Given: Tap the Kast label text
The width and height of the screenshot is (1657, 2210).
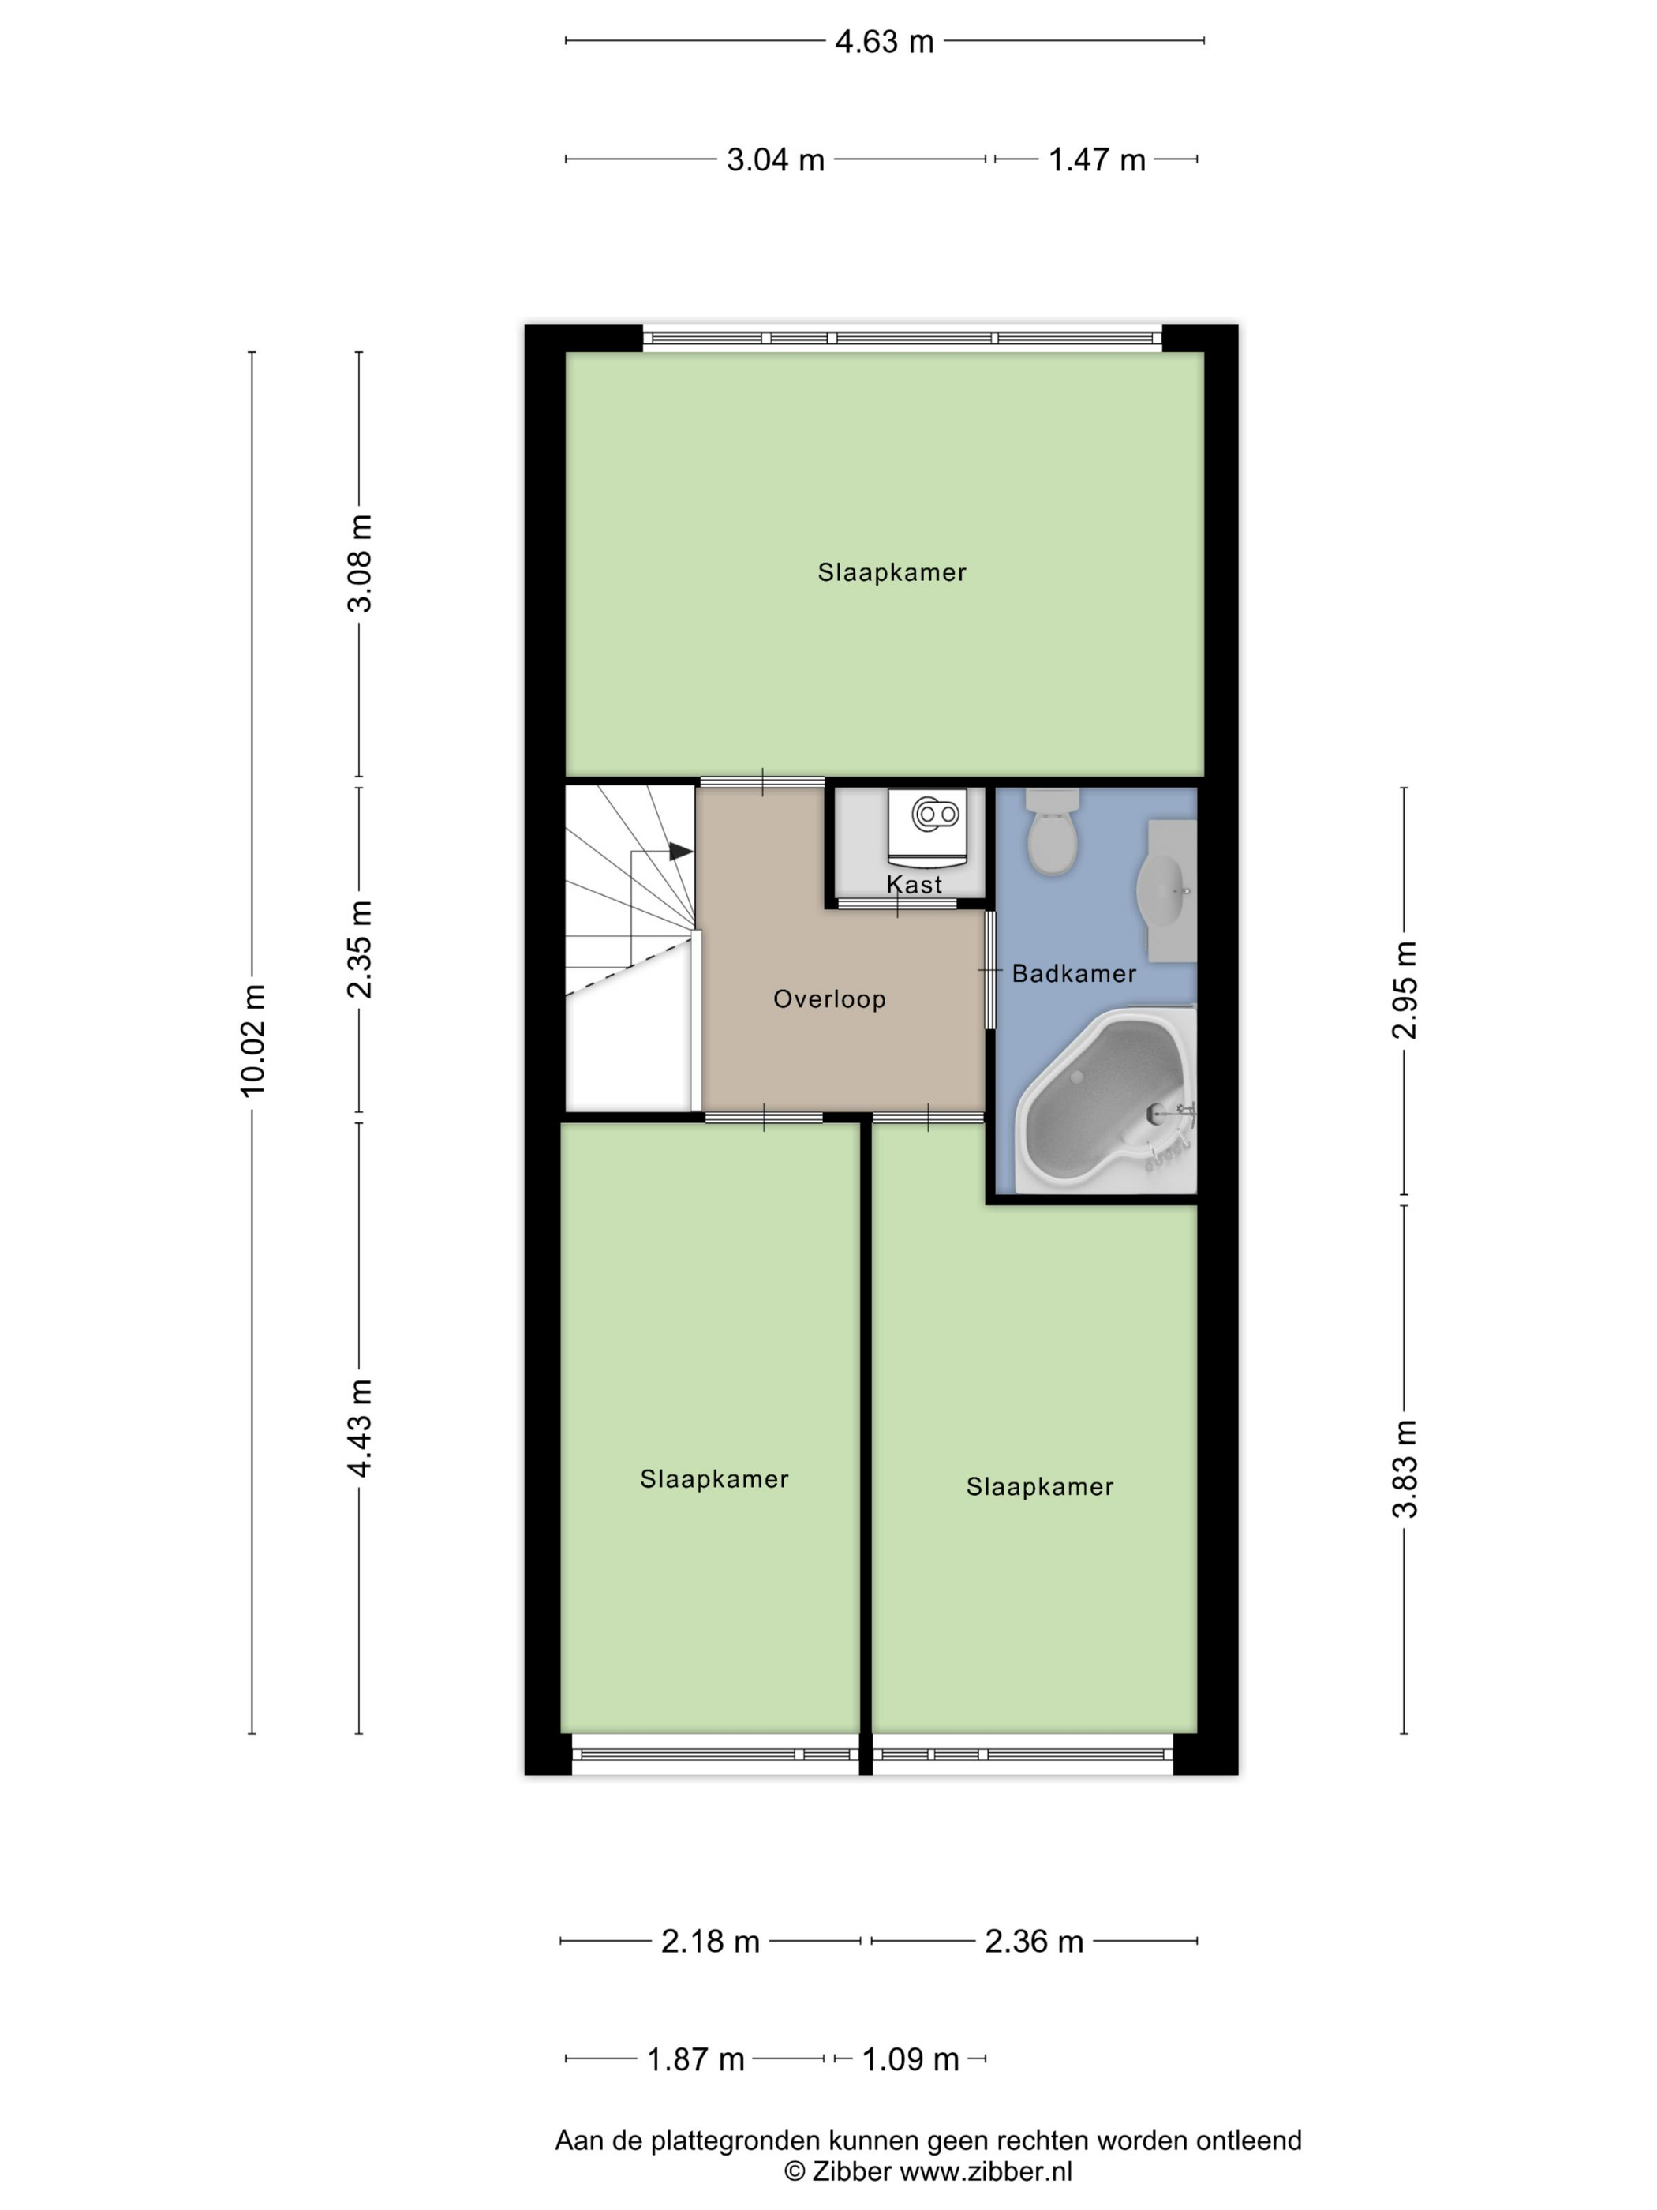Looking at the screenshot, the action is (x=914, y=884).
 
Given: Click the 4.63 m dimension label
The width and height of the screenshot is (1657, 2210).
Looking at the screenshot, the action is (x=884, y=42).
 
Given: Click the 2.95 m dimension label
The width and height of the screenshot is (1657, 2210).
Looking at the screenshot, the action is (x=1405, y=990).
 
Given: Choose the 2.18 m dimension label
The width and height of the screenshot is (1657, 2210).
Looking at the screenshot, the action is (x=710, y=1941).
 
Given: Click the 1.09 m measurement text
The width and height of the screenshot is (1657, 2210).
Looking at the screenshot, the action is (x=910, y=2059).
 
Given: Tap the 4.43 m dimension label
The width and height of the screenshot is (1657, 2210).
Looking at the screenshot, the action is (x=360, y=1427).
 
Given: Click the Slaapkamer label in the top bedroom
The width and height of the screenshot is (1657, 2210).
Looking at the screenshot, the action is (x=892, y=572).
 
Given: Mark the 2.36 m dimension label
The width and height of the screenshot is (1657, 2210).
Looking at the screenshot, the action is (x=1034, y=1941).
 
